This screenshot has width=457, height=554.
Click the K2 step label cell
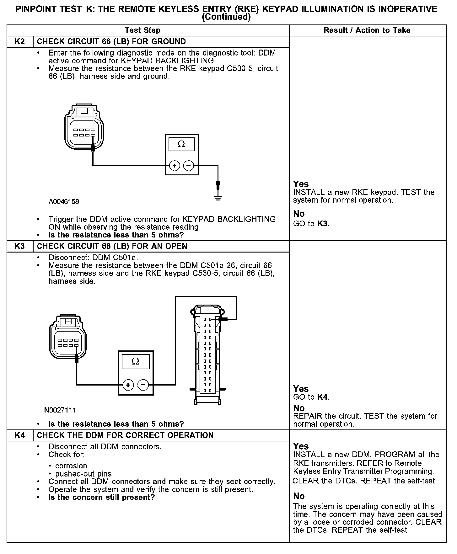point(20,42)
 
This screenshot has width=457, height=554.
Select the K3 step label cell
point(20,246)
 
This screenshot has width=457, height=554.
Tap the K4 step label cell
point(20,435)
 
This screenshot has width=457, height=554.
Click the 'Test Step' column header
point(142,30)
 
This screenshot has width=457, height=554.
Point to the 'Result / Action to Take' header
point(367,30)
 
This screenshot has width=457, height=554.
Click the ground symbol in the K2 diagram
point(218,197)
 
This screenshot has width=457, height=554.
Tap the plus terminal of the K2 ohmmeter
point(174,165)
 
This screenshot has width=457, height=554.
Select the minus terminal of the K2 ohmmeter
point(188,165)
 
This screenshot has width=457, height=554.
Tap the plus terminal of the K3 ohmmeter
point(128,385)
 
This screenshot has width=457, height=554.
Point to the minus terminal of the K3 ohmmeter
point(143,385)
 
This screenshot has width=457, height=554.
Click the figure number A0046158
point(64,202)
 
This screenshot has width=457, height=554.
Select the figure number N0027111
point(60,410)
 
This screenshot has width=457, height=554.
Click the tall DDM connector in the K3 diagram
point(207,354)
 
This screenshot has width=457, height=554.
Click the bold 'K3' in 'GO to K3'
point(323,224)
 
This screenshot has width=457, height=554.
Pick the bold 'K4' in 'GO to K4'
point(323,397)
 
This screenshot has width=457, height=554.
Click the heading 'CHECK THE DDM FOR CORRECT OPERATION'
point(125,435)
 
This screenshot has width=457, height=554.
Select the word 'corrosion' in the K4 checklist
point(71,466)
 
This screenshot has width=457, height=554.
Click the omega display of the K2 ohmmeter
point(181,144)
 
